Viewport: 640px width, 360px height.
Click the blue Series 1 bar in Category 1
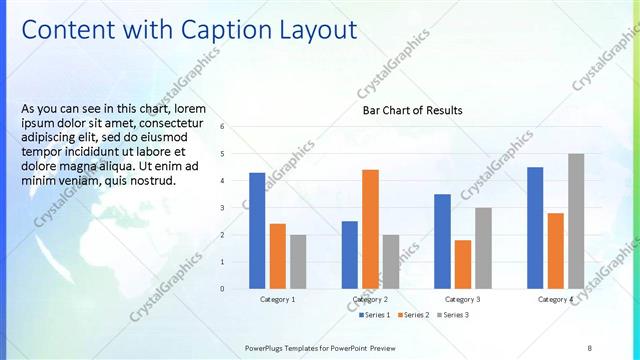pos(257,230)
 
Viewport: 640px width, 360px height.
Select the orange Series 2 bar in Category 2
pos(370,229)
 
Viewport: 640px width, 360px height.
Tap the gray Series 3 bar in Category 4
pos(576,221)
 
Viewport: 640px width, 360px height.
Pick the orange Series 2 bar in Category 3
pos(463,264)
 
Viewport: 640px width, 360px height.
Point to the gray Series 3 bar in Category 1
pos(298,261)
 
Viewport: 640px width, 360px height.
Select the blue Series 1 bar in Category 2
pos(350,255)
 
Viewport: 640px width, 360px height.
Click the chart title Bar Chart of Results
pos(412,110)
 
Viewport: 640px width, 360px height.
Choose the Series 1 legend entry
pos(376,315)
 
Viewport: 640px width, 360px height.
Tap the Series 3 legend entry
pos(453,315)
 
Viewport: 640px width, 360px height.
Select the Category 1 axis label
pos(277,299)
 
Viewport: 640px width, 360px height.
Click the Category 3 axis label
pos(463,299)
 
